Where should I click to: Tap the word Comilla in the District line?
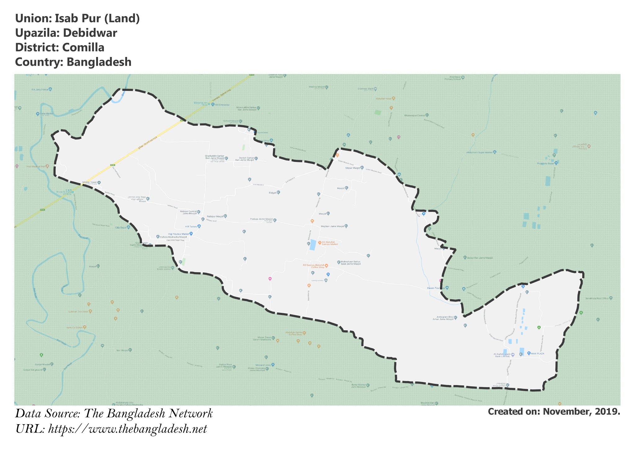pyautogui.click(x=83, y=47)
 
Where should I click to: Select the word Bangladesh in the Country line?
pyautogui.click(x=99, y=62)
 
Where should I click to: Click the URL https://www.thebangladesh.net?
pyautogui.click(x=127, y=429)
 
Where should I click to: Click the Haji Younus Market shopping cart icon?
pyautogui.click(x=191, y=234)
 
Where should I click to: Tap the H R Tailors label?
pyautogui.click(x=191, y=226)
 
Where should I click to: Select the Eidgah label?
pyautogui.click(x=272, y=193)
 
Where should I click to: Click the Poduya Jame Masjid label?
pyautogui.click(x=261, y=219)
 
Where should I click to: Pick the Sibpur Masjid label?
pyautogui.click(x=353, y=168)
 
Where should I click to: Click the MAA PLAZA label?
pyautogui.click(x=538, y=353)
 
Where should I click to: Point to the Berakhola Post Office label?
pyautogui.click(x=597, y=298)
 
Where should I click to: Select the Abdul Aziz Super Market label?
pyautogui.click(x=479, y=153)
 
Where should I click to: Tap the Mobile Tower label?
pyautogui.click(x=90, y=182)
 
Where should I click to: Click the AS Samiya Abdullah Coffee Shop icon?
pyautogui.click(x=326, y=266)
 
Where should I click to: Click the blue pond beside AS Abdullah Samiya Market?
pyautogui.click(x=313, y=245)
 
